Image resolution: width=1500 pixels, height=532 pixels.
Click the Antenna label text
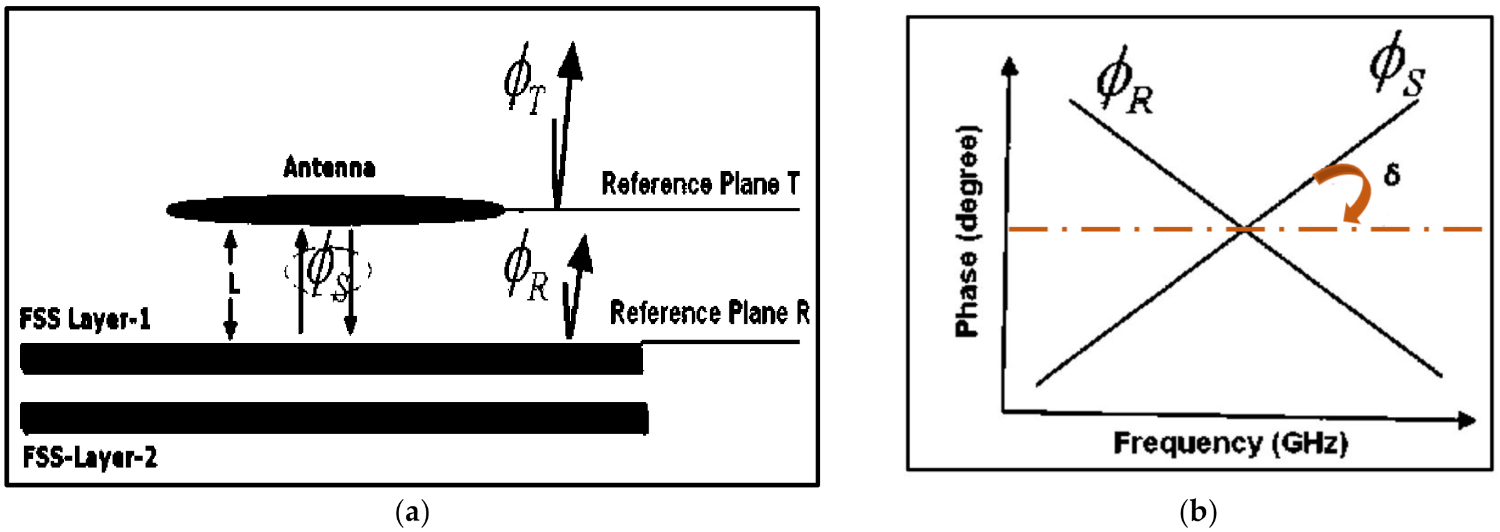pos(329,168)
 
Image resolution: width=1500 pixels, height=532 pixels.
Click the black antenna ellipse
pos(336,210)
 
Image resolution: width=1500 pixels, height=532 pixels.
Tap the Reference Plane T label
pos(700,183)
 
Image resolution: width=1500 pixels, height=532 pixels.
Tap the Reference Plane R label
pos(709,312)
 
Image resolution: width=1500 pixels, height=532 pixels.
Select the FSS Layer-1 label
pos(85,319)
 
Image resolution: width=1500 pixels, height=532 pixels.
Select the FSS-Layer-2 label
pos(89,458)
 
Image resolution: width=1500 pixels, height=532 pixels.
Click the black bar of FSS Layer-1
pos(332,359)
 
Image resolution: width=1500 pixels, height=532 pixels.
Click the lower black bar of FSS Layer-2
pos(334,418)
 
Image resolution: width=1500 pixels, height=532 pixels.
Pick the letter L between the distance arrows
pos(233,284)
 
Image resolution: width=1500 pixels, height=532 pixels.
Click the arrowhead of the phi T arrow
pos(570,61)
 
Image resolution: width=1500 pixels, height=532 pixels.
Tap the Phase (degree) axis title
pos(967,232)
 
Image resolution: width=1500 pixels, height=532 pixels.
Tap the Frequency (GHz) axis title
pos(1230,443)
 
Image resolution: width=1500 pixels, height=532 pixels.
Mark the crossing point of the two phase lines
pos(1245,229)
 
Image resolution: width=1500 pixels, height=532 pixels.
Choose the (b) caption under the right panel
pos(1198,512)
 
